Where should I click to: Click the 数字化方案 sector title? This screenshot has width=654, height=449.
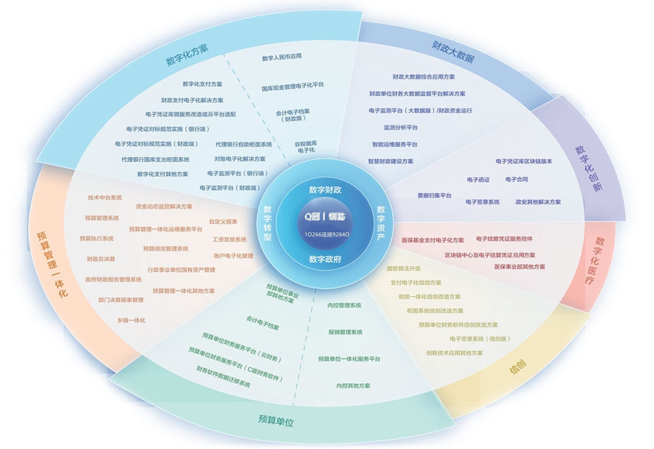click(187, 55)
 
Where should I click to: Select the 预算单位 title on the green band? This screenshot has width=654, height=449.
click(276, 420)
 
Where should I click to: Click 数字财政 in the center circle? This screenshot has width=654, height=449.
click(325, 190)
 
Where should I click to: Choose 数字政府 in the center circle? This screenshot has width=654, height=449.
click(325, 259)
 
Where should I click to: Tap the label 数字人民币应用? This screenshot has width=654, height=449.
click(282, 57)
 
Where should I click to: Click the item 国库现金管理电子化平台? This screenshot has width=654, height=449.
click(292, 86)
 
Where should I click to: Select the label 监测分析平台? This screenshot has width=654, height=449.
click(401, 128)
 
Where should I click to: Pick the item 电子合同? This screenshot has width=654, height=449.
click(517, 179)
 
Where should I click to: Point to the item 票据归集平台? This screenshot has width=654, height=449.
click(434, 195)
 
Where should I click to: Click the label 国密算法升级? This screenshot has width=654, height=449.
click(404, 268)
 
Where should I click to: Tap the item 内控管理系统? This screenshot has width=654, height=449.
click(344, 305)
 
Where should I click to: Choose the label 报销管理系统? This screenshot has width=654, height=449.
click(345, 332)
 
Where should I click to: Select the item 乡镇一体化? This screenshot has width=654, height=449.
click(131, 320)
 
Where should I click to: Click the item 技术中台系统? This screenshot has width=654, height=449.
click(105, 198)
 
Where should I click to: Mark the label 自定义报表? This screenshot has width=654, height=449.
click(223, 222)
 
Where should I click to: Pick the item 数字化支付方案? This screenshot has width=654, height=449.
click(202, 84)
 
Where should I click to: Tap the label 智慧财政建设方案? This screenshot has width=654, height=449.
click(391, 161)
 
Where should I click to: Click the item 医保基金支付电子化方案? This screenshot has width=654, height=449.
click(433, 240)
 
